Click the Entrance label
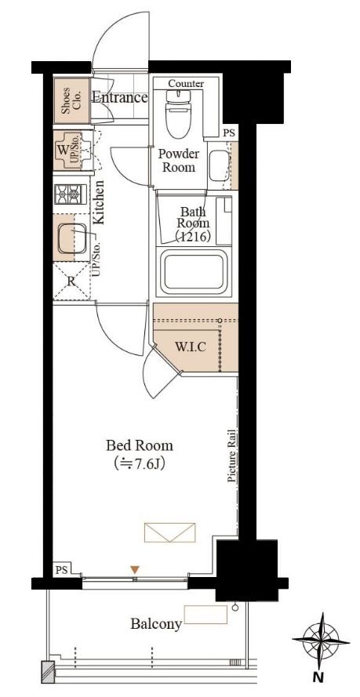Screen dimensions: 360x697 click(119, 97)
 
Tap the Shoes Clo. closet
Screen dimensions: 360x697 click(71, 100)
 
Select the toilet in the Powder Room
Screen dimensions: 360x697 click(178, 113)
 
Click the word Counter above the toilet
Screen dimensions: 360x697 click(186, 84)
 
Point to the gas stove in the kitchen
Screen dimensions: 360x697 click(71, 194)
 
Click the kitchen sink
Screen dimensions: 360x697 click(71, 238)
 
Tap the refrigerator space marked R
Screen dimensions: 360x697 click(71, 281)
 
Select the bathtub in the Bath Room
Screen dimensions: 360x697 click(193, 270)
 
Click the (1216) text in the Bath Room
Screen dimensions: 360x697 click(192, 237)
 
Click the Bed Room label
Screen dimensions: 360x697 click(139, 445)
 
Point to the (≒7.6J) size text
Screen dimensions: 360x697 click(139, 463)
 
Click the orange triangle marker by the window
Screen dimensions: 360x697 click(135, 569)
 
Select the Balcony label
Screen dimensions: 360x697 click(156, 624)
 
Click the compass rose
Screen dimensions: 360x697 click(322, 641)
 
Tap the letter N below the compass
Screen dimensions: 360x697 click(318, 678)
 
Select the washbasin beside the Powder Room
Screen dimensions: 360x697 click(218, 165)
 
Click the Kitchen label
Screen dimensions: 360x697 click(100, 201)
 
